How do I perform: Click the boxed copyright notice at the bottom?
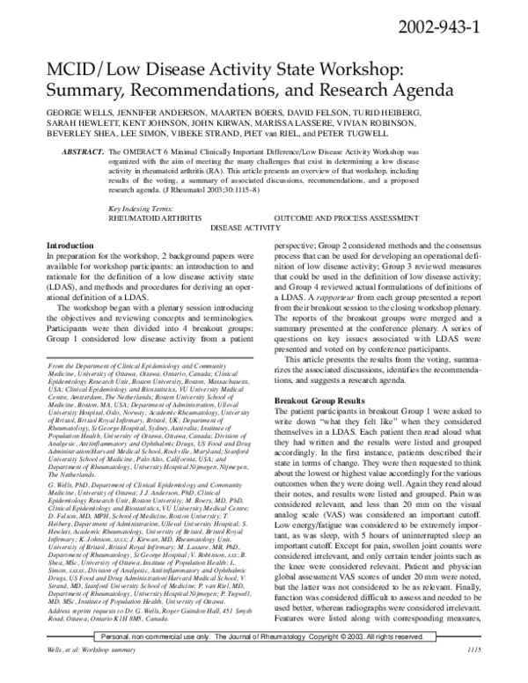[264, 659]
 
